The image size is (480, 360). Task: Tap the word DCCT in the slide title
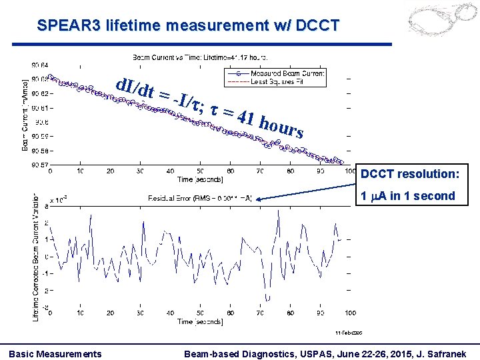[x=315, y=26]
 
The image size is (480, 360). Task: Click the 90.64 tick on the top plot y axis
[x=39, y=65]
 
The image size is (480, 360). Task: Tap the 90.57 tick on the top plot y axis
[x=39, y=164]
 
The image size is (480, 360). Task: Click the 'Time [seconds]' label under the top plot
[x=199, y=179]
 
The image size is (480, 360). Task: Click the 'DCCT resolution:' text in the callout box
[x=409, y=174]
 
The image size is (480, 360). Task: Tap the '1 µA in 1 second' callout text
[x=407, y=196]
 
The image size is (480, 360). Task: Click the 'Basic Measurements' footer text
[x=55, y=353]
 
